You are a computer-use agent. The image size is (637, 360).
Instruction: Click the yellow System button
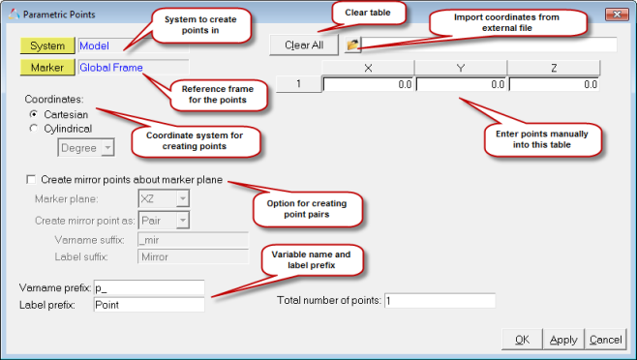47,45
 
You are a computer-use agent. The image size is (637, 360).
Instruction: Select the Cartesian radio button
34,114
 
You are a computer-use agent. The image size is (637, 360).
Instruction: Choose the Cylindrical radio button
34,129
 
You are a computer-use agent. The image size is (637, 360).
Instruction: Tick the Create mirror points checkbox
31,179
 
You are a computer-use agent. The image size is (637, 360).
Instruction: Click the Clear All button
304,45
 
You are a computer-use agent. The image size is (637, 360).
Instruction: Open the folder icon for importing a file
352,45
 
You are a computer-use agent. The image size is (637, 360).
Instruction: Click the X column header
368,68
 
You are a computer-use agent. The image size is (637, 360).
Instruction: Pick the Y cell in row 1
461,84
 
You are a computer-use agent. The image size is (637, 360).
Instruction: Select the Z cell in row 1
554,84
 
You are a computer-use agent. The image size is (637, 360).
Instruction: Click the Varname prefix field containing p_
149,287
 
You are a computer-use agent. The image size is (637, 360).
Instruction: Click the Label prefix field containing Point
149,305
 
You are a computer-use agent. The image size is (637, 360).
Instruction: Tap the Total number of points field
440,301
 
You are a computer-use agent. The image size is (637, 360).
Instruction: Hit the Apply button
563,340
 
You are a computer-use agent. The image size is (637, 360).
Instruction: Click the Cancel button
605,340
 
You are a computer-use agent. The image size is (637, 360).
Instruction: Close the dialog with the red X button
617,15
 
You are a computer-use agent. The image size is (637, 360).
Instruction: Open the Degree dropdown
86,148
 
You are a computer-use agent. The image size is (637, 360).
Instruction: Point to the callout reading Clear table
368,13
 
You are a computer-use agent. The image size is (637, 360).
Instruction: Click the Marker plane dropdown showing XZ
164,198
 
